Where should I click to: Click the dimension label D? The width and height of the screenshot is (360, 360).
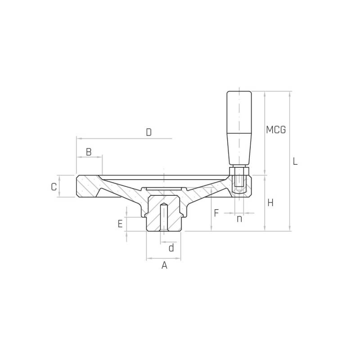tap(149, 132)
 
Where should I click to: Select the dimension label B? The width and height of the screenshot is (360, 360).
tap(89, 152)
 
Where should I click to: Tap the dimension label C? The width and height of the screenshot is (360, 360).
tap(54, 187)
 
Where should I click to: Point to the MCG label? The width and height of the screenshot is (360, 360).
tap(276, 130)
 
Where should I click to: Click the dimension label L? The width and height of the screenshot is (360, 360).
tap(295, 161)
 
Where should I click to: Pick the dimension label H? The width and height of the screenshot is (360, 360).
tap(270, 203)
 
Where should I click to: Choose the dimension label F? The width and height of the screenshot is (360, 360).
tap(216, 213)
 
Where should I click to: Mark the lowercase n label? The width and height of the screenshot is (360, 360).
tap(239, 219)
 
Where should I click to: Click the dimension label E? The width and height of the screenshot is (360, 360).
tap(120, 224)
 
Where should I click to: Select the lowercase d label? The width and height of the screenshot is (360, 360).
tap(171, 248)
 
